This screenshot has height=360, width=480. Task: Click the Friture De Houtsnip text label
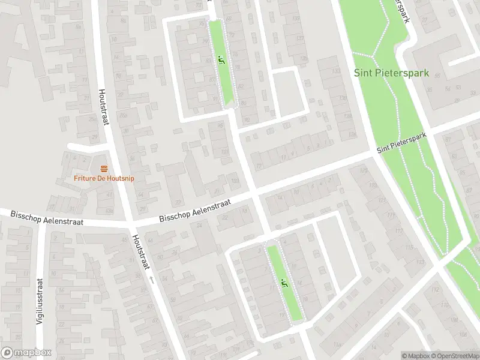click(104, 178)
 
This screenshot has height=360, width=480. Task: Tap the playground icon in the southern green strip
click(282, 283)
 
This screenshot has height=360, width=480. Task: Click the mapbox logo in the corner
click(26, 353)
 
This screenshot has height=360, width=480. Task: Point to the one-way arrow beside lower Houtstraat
click(152, 279)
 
